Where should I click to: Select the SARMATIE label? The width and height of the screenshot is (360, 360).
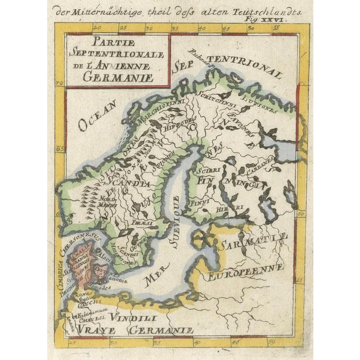click(251, 244)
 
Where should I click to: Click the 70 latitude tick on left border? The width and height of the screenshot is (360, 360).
click(59, 85)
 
